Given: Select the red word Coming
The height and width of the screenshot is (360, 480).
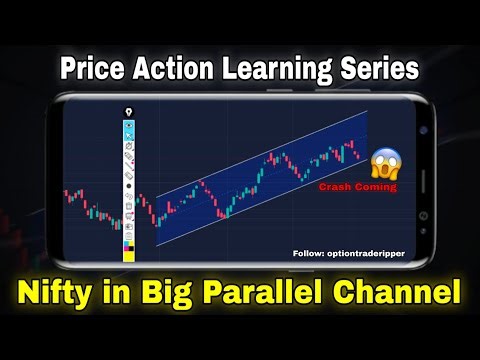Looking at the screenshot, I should click(374, 186).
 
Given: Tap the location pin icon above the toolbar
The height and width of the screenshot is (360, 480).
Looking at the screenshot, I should click(128, 111).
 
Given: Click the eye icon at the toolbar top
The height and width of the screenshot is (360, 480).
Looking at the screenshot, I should click(128, 125).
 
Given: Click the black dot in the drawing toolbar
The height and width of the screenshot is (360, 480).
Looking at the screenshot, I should click(128, 186).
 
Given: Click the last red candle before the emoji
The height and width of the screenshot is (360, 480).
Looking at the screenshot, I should click(358, 156).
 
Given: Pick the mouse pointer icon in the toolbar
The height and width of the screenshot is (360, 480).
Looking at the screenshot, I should click(128, 135).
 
